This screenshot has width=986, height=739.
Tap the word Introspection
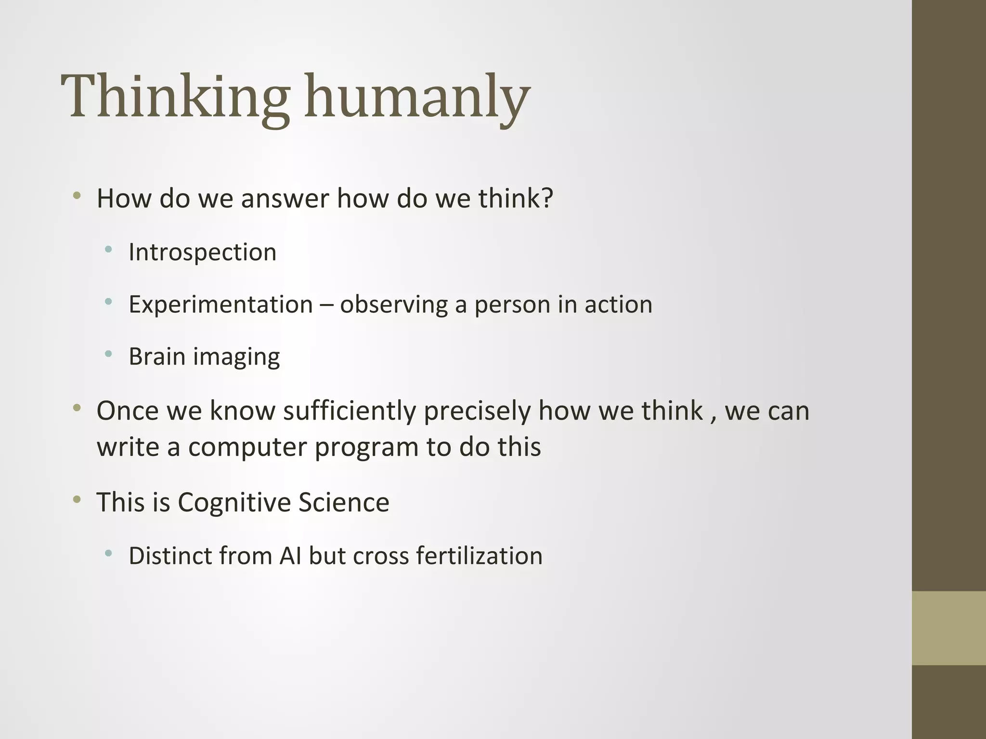coord(202,252)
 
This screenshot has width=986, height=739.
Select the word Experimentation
coord(221,305)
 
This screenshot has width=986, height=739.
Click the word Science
coord(343,502)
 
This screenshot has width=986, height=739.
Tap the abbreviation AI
coord(290,556)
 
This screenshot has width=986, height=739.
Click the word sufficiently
coord(349,411)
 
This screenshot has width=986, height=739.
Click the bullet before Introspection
coord(108,250)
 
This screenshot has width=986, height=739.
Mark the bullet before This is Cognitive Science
coord(77,499)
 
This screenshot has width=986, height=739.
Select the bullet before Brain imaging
coord(108,354)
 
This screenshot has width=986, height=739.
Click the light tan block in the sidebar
coord(948,628)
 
